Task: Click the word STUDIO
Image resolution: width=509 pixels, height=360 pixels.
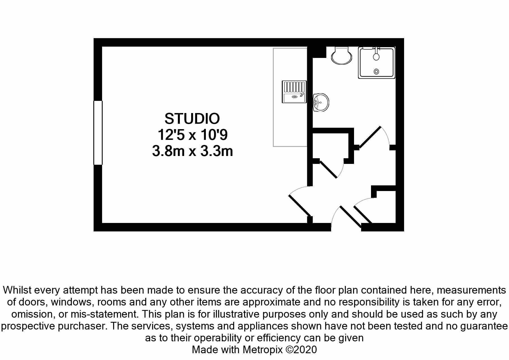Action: (x=192, y=119)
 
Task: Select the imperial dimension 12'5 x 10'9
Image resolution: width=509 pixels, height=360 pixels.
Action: (x=192, y=135)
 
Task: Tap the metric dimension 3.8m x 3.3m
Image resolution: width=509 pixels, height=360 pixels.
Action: (x=192, y=151)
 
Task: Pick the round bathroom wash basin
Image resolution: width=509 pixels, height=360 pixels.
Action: (x=321, y=102)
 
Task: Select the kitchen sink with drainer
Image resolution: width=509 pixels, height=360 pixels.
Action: (x=294, y=92)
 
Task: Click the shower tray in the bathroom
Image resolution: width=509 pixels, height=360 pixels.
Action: (x=376, y=63)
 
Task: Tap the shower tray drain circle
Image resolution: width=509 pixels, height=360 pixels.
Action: (x=376, y=71)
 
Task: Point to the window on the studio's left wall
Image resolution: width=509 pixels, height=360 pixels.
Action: (x=98, y=133)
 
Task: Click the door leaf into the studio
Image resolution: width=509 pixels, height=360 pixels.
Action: (x=300, y=205)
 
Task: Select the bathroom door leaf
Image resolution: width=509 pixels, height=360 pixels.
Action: (x=370, y=137)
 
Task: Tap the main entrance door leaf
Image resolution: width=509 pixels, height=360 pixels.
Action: (x=350, y=217)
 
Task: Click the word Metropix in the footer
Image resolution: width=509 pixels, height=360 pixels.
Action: (x=262, y=350)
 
